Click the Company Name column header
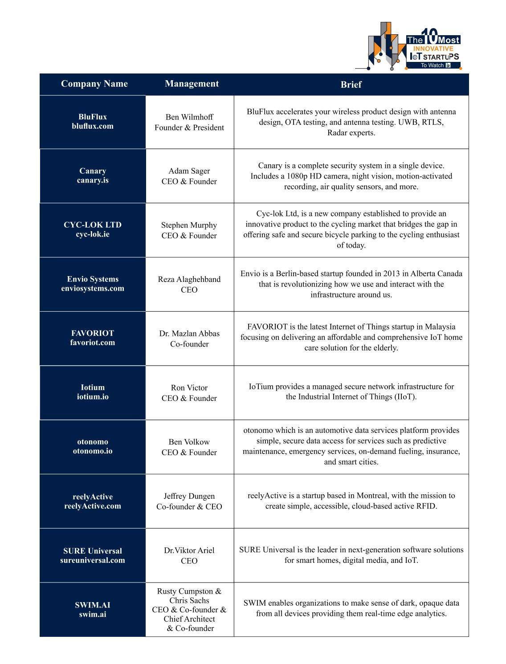tap(94, 84)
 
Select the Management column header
tap(192, 84)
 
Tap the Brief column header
tap(351, 85)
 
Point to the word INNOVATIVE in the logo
tap(433, 49)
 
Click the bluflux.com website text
tap(93, 126)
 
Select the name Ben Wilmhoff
tap(189, 117)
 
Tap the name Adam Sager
tap(189, 171)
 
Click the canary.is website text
tap(93, 180)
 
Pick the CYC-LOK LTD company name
tap(93, 225)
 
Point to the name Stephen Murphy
tap(189, 225)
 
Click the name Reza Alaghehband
tap(189, 279)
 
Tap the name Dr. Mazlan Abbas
tap(189, 334)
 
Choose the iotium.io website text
tap(93, 397)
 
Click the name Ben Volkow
tap(189, 442)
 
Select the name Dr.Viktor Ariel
tap(189, 550)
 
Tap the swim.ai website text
tap(93, 615)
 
